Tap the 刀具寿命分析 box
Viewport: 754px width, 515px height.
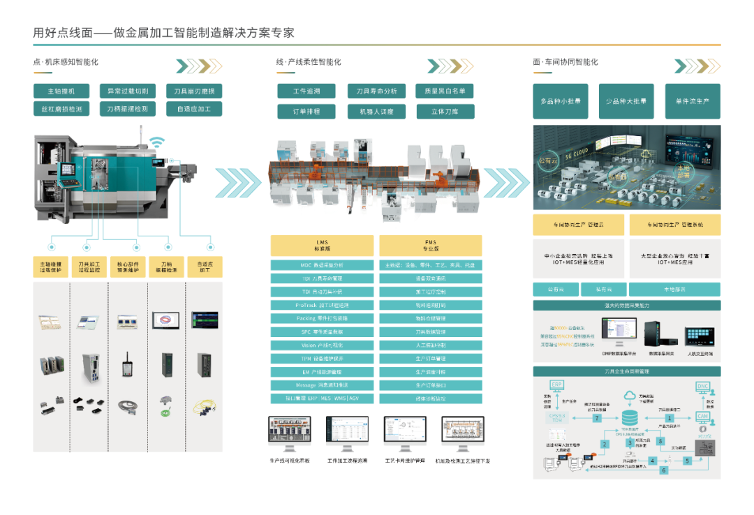376,91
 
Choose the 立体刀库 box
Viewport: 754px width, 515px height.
445,111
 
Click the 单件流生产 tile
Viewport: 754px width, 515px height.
692,101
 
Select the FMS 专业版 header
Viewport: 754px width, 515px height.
430,246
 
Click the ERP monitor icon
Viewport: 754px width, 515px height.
556,386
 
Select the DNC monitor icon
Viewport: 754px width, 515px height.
702,387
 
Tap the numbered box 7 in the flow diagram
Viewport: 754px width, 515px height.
597,419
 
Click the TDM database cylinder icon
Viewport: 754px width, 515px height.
630,417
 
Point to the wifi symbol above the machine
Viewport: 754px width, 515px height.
158,142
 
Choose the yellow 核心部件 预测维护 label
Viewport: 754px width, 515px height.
128,268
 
